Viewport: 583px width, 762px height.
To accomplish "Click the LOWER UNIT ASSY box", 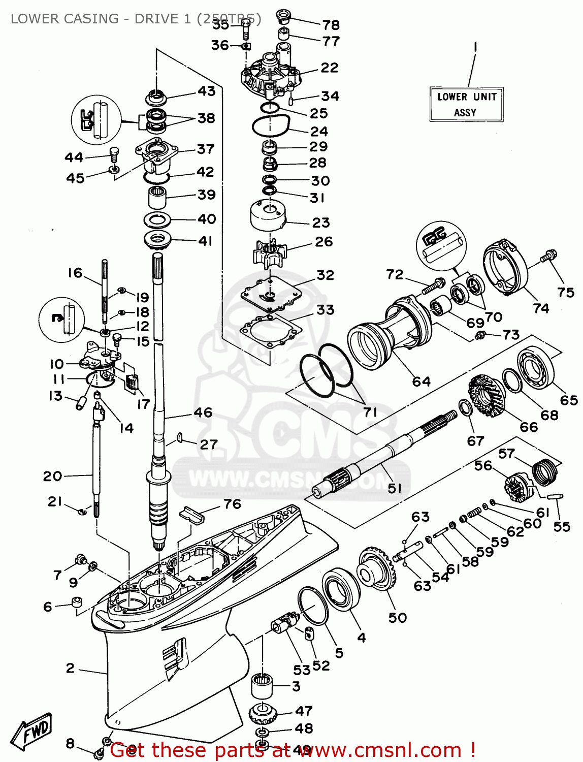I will [466, 104].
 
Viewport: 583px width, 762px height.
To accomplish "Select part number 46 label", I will [203, 412].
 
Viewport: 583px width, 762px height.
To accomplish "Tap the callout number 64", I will [421, 382].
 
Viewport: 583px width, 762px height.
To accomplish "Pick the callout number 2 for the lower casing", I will [70, 668].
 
